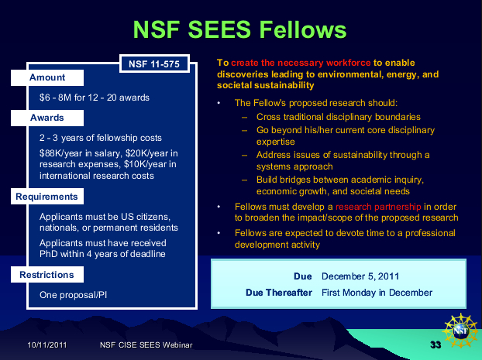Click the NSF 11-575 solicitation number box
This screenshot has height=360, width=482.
[x=154, y=63]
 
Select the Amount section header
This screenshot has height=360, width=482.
[x=47, y=77]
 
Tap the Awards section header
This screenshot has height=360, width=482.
[x=47, y=118]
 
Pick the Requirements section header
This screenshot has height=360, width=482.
[x=47, y=197]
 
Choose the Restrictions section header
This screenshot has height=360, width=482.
[x=47, y=275]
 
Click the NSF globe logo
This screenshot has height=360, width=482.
[x=460, y=331]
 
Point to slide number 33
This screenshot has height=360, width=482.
[x=436, y=345]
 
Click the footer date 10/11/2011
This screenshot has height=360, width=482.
[x=47, y=345]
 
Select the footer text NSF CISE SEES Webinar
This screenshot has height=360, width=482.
[x=146, y=345]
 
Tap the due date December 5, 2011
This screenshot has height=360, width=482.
[x=360, y=276]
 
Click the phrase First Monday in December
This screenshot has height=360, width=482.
[x=377, y=293]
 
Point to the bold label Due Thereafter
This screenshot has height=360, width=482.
[x=279, y=293]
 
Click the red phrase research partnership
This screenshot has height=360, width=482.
[x=378, y=207]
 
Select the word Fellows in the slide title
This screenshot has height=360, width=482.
[x=303, y=29]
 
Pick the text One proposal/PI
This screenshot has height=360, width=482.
[x=73, y=295]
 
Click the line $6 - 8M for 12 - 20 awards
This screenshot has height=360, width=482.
[x=95, y=98]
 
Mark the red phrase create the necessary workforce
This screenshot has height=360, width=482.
[x=301, y=63]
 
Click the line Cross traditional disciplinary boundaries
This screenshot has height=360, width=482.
[x=339, y=117]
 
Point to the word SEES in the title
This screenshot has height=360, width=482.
[x=219, y=29]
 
